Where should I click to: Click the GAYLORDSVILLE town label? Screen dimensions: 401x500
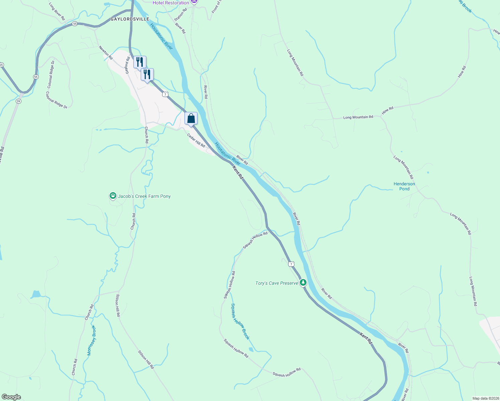click(x=130, y=19)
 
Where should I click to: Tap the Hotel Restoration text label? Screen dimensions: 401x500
click(x=171, y=3)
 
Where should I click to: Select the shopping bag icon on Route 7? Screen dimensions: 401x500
click(x=191, y=118)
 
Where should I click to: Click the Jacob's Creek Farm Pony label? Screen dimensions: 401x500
click(x=144, y=196)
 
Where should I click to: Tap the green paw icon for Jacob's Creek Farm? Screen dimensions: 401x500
click(x=113, y=196)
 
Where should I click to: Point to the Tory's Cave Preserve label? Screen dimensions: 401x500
click(x=276, y=283)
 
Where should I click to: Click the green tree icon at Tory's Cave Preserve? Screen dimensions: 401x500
click(x=303, y=283)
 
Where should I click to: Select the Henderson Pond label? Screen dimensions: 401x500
click(x=404, y=186)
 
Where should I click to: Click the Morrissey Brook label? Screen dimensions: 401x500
click(x=91, y=340)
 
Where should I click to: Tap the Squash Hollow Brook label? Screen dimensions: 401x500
click(x=240, y=321)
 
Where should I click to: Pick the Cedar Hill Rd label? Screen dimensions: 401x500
click(x=196, y=140)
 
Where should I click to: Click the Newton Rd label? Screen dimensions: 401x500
click(x=106, y=53)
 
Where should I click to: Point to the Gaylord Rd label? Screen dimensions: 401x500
click(x=127, y=65)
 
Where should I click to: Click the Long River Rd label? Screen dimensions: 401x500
click(x=57, y=11)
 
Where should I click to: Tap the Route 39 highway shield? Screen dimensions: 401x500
click(x=18, y=101)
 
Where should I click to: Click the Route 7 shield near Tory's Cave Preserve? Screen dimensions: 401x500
click(x=291, y=264)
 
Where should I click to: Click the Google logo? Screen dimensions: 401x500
click(x=11, y=397)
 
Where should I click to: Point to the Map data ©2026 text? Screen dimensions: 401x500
click(x=485, y=398)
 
